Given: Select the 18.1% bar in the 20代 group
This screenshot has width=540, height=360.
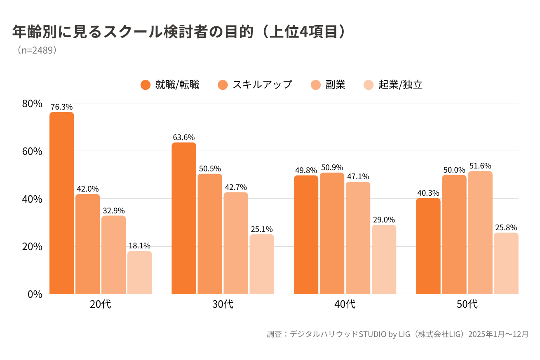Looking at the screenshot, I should pyautogui.click(x=139, y=272).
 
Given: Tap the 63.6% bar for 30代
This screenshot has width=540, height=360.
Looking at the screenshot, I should pyautogui.click(x=184, y=218).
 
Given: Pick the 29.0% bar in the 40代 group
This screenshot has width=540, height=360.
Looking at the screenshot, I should pyautogui.click(x=384, y=259).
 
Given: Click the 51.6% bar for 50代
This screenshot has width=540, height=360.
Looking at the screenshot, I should pyautogui.click(x=480, y=232).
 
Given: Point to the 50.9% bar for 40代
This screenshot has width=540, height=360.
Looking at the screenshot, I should pyautogui.click(x=332, y=233).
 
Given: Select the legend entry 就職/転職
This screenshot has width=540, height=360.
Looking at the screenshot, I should pyautogui.click(x=169, y=85).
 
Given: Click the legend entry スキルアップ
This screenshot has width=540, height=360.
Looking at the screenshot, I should pyautogui.click(x=255, y=85).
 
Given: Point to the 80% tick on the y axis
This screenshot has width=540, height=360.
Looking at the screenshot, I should pyautogui.click(x=32, y=103).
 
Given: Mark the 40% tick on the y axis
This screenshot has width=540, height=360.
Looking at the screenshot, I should pyautogui.click(x=32, y=199).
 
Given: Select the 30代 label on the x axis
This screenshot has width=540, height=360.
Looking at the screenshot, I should pyautogui.click(x=223, y=305).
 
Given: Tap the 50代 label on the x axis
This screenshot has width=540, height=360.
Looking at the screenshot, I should pyautogui.click(x=467, y=305).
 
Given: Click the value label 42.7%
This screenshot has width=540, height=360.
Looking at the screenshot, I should pyautogui.click(x=235, y=187).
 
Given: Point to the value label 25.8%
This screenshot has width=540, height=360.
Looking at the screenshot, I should pyautogui.click(x=506, y=227).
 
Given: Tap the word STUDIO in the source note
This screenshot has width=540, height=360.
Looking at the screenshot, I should pyautogui.click(x=373, y=334).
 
